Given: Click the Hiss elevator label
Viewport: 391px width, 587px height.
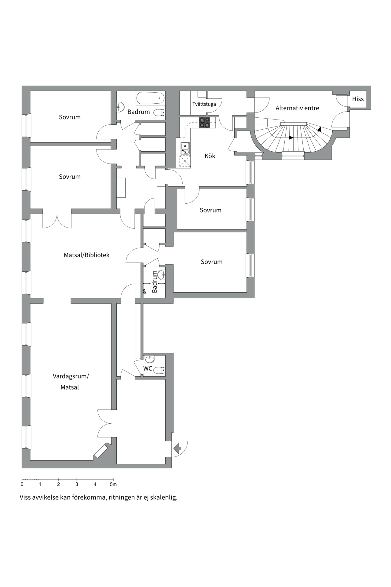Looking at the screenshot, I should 358,99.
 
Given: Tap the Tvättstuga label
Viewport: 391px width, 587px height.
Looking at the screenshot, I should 204,104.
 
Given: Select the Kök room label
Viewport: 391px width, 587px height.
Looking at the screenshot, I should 210,156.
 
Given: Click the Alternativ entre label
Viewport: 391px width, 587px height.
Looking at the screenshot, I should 297,108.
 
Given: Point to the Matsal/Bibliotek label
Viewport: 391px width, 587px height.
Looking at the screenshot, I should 86,255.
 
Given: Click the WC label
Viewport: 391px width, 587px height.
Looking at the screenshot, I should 148,368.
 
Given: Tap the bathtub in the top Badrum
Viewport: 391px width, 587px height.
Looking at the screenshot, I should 150,98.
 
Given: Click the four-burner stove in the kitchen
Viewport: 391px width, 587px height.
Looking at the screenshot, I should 205,122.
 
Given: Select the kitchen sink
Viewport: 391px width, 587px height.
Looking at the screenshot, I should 185,148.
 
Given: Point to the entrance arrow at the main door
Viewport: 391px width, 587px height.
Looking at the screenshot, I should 177,449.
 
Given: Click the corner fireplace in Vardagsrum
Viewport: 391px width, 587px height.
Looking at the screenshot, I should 101,451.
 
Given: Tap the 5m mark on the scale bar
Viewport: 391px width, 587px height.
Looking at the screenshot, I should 113,485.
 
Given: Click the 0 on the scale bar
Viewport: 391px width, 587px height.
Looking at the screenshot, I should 22,485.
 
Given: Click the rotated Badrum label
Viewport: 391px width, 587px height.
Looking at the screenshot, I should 155,282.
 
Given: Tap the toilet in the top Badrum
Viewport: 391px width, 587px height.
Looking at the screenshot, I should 159,113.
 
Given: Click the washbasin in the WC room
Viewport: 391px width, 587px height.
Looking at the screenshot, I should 150,359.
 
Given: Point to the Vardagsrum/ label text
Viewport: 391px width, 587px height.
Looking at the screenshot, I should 71,376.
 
